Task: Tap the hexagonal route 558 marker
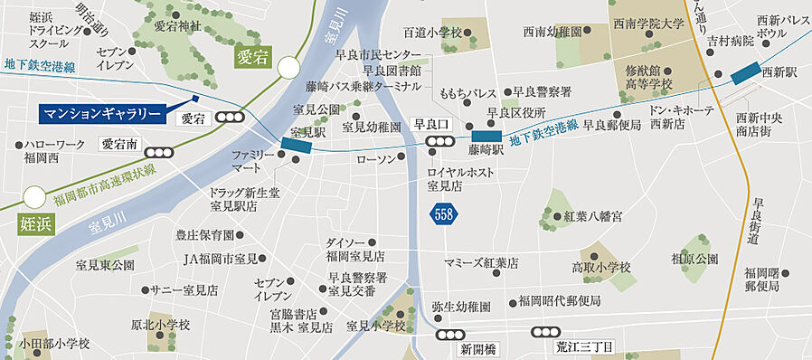pyautogui.click(x=443, y=214)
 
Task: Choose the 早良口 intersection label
pyautogui.click(x=431, y=124)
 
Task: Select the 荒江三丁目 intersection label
pyautogui.click(x=583, y=348)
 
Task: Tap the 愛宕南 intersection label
pyautogui.click(x=118, y=143)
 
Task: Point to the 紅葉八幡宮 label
pyautogui.click(x=592, y=217)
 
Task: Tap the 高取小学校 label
pyautogui.click(x=600, y=268)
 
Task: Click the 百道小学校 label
pyautogui.click(x=432, y=33)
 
